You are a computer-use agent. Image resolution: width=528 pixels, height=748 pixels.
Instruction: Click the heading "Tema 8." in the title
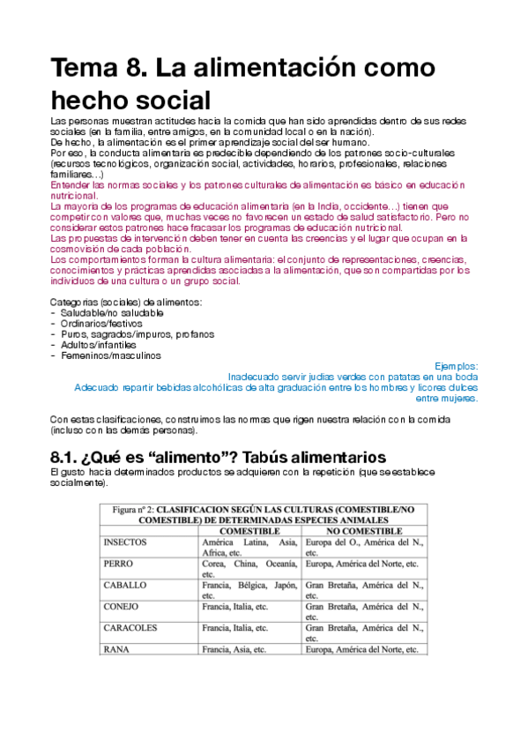pyautogui.click(x=104, y=67)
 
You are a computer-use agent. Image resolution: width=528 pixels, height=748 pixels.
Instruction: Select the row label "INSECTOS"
pyautogui.click(x=125, y=542)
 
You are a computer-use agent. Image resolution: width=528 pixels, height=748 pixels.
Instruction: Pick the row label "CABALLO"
pyautogui.click(x=125, y=585)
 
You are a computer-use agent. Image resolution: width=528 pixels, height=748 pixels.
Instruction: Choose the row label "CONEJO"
pyautogui.click(x=122, y=607)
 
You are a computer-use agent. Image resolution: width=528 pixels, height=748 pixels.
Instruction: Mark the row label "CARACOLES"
pyautogui.click(x=131, y=628)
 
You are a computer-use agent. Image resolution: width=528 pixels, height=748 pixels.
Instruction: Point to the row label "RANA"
pyautogui.click(x=115, y=649)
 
